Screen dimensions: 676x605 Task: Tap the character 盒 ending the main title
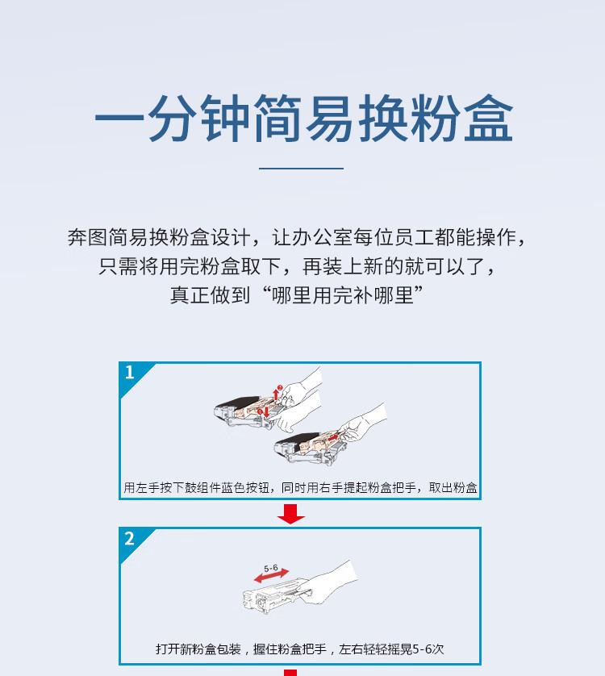tap(485, 121)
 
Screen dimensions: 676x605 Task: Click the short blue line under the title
tap(302, 169)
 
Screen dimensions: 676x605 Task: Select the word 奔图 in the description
tap(87, 238)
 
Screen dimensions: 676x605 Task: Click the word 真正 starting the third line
tap(190, 294)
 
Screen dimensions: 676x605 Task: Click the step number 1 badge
tap(130, 373)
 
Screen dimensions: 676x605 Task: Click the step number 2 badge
tap(130, 538)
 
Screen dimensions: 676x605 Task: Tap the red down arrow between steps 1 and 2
tap(290, 514)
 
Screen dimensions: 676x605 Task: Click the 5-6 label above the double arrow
tap(271, 568)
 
